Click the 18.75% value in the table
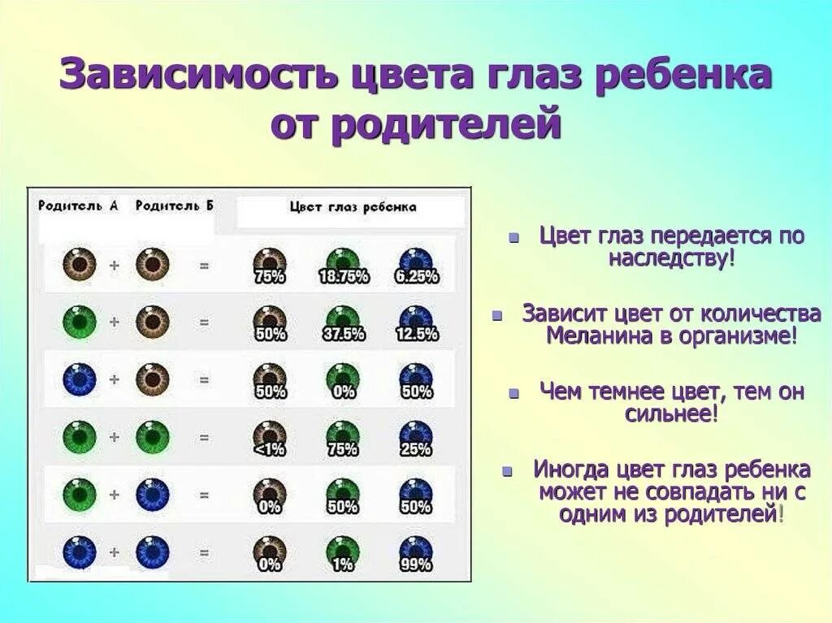[x=343, y=277]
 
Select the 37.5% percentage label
[x=343, y=335]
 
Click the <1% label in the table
[x=270, y=450]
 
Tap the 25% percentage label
[x=416, y=450]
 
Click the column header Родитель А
[x=78, y=206]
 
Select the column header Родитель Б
[x=175, y=206]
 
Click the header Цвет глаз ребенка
[x=353, y=207]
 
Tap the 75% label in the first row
[x=270, y=277]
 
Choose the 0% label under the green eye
[x=343, y=392]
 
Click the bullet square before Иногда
[x=508, y=472]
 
